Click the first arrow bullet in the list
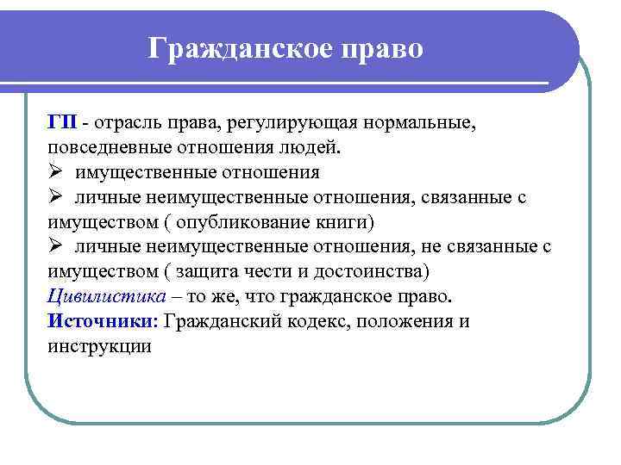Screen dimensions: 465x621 pyautogui.click(x=57, y=172)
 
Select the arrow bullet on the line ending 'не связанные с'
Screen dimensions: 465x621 pyautogui.click(x=57, y=247)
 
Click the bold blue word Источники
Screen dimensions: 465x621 pyautogui.click(x=102, y=322)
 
